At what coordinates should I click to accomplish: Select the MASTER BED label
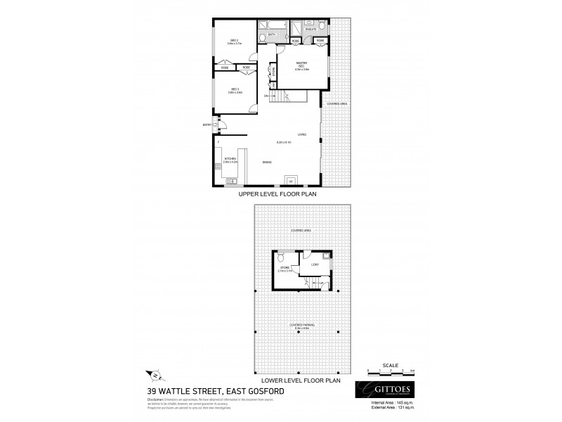pyautogui.click(x=301, y=65)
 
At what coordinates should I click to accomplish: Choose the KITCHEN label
pyautogui.click(x=230, y=160)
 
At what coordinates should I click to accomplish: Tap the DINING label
pyautogui.click(x=267, y=162)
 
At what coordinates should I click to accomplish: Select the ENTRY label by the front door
pyautogui.click(x=207, y=125)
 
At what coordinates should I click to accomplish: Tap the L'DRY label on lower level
pyautogui.click(x=314, y=264)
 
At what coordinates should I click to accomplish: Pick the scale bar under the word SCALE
pyautogui.click(x=391, y=370)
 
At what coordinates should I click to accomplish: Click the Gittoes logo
pyautogui.click(x=386, y=390)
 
